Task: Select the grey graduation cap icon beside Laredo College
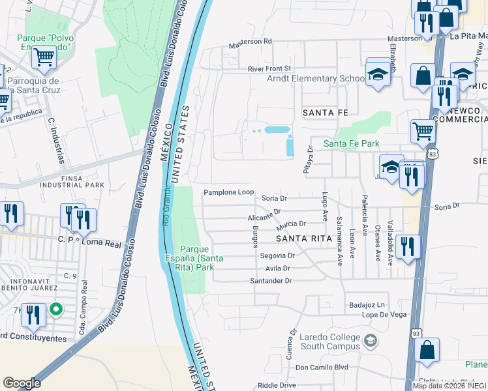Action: click(x=371, y=341)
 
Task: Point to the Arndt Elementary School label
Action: click(x=316, y=78)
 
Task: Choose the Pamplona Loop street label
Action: click(x=228, y=192)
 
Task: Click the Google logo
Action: click(x=22, y=383)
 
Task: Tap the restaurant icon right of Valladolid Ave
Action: click(x=407, y=246)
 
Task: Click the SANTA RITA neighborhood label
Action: click(x=300, y=239)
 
